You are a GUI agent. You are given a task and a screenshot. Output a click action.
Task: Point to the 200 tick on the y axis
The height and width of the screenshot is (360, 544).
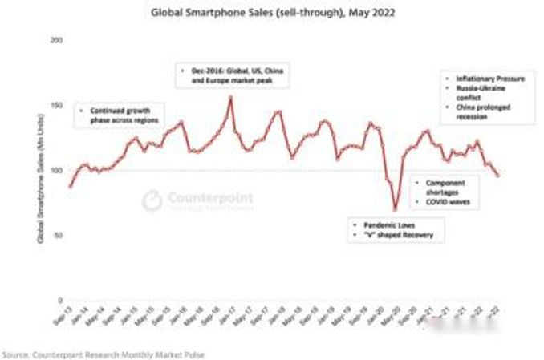tap(55, 40)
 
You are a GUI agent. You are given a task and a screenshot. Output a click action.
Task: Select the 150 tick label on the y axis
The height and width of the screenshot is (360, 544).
tap(55, 105)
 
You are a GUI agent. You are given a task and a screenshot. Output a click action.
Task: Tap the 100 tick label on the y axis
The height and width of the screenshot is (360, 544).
tap(55, 170)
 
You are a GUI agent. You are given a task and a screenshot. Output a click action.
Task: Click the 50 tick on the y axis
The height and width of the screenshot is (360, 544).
tap(56, 235)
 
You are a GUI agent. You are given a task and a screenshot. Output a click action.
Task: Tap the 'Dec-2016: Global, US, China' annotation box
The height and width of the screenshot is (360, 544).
tap(233, 76)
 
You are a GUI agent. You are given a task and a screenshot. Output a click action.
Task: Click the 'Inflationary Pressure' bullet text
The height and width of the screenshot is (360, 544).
tap(489, 78)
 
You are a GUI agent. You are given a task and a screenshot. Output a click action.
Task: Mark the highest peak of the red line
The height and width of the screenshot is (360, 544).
tap(231, 97)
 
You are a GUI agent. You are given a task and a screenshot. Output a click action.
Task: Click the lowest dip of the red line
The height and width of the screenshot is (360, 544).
tap(395, 209)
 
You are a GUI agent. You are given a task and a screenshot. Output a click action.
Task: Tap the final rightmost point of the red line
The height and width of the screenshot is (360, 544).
tap(497, 176)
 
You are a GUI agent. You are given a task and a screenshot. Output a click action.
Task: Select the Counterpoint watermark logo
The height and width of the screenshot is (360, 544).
tap(197, 199)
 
